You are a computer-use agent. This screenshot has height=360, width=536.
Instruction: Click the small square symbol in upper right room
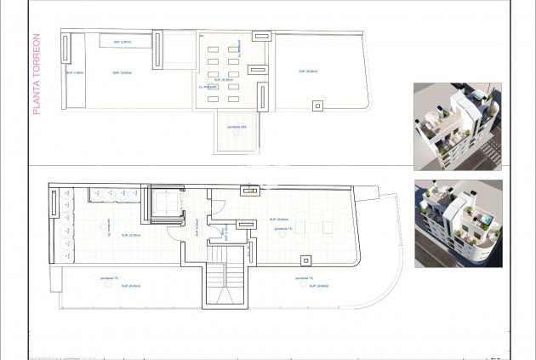318,106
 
